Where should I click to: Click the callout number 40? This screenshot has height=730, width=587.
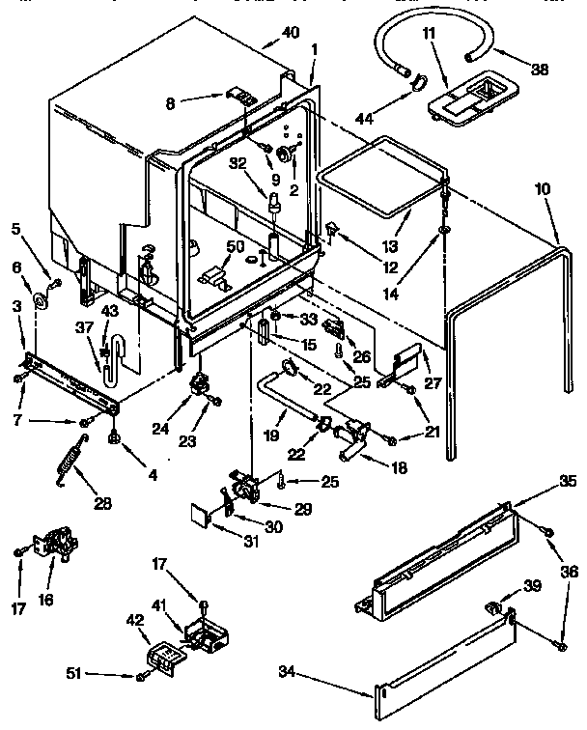pyautogui.click(x=291, y=33)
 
